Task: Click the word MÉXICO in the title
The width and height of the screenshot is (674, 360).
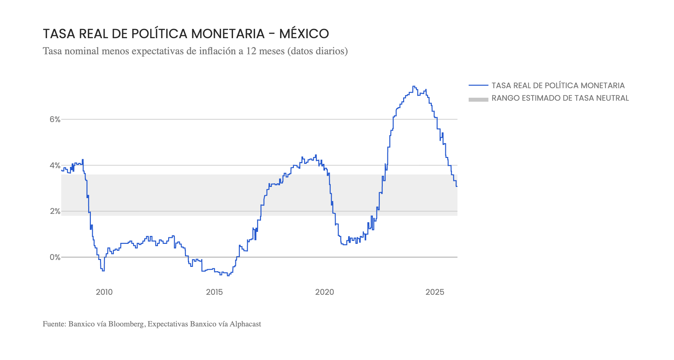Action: click(x=304, y=34)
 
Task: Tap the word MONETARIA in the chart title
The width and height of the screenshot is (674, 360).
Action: click(x=228, y=34)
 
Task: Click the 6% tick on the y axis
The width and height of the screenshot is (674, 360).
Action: click(x=55, y=119)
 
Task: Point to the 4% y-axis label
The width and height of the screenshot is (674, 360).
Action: click(x=55, y=165)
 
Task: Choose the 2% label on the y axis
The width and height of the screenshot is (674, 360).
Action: click(x=55, y=211)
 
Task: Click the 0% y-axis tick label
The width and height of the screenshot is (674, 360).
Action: click(x=55, y=257)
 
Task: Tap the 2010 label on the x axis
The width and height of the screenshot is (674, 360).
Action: click(x=104, y=292)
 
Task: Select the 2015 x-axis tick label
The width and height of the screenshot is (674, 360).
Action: click(x=214, y=292)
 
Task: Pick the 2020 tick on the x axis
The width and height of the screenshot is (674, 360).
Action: click(x=324, y=292)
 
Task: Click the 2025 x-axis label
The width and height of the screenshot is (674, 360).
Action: click(x=435, y=292)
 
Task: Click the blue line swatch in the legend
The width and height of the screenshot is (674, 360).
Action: click(x=478, y=86)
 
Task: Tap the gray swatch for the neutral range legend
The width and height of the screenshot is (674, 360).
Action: click(x=478, y=99)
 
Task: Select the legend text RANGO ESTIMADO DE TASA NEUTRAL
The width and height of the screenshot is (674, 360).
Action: click(x=560, y=98)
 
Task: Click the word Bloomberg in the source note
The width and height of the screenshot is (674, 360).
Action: click(x=126, y=324)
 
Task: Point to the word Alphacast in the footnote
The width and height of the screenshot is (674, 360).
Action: click(x=245, y=324)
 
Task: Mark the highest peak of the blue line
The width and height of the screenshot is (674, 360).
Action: click(x=413, y=86)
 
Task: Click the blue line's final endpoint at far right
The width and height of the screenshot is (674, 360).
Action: click(x=457, y=187)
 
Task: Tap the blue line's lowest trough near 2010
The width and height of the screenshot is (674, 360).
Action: click(x=103, y=271)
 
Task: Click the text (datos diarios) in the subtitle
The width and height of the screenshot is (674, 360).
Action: click(x=317, y=51)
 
